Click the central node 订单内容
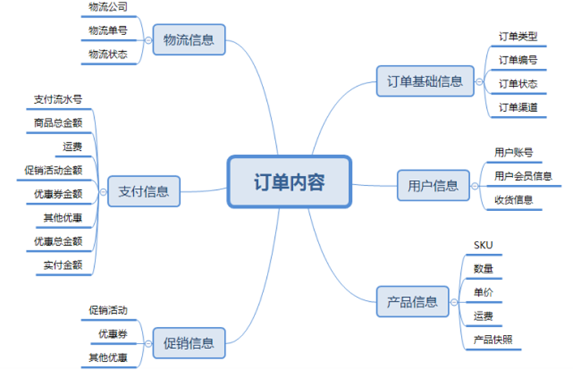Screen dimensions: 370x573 [289, 181]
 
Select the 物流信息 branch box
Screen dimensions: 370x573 [189, 40]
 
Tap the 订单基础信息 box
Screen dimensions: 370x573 [425, 81]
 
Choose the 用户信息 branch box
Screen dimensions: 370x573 [433, 186]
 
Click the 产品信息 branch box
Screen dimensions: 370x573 [412, 302]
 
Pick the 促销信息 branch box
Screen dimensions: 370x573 [189, 343]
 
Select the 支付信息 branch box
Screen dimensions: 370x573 [144, 192]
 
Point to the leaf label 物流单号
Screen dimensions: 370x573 [108, 30]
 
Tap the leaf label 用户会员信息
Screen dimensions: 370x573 [523, 175]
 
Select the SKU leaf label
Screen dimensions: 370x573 [484, 245]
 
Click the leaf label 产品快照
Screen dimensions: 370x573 [493, 340]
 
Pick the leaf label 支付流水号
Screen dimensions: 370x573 [58, 99]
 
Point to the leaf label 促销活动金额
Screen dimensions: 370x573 [53, 170]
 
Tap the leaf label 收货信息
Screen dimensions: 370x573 [513, 200]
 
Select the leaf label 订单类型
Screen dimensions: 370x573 [517, 36]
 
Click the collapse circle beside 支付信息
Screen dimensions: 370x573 [103, 192]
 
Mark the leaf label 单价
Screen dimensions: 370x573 [483, 293]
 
